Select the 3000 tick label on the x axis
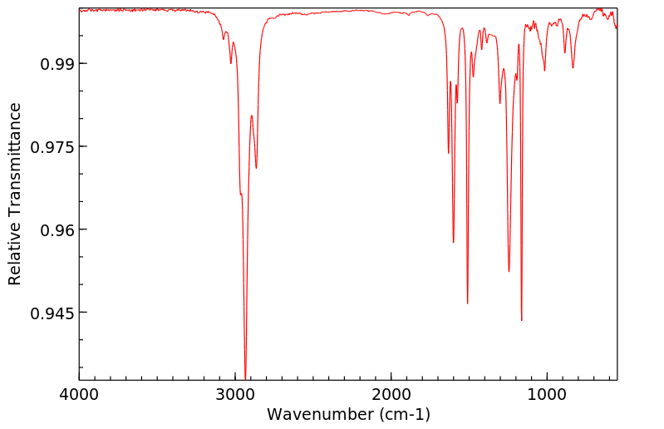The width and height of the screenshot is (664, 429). (235, 396)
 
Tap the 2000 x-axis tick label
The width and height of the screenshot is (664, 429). (391, 396)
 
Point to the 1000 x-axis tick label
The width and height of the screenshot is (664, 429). (547, 396)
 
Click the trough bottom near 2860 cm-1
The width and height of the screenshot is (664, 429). (256, 168)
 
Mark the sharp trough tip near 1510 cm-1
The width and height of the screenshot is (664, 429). (468, 303)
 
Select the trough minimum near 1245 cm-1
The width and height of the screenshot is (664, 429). (509, 271)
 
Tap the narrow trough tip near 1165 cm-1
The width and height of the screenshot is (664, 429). (522, 320)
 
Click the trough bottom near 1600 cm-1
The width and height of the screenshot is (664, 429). (454, 242)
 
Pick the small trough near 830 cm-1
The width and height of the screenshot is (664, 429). (573, 67)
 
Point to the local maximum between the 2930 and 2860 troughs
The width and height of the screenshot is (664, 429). (251, 116)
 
